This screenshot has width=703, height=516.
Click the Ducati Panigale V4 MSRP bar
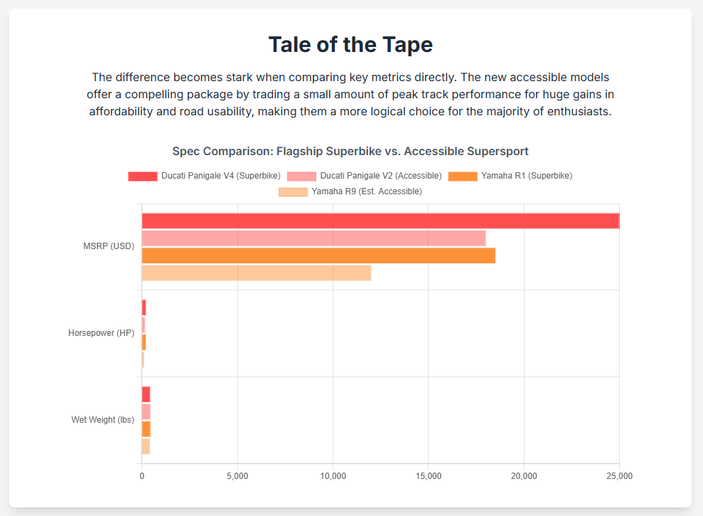tap(380, 221)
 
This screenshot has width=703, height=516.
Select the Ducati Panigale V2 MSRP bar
tap(313, 238)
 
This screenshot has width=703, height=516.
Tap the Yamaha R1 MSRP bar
tap(318, 256)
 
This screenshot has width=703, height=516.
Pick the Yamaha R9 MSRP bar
tap(256, 273)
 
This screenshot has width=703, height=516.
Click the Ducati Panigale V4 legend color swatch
tap(142, 176)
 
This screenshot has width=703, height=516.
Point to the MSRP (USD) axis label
tap(109, 247)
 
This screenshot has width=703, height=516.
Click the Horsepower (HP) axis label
tap(101, 333)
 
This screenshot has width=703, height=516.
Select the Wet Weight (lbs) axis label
tap(102, 420)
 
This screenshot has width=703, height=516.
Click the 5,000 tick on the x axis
tap(237, 475)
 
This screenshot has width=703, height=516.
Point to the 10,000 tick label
tap(333, 475)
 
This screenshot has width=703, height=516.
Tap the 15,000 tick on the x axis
tap(428, 475)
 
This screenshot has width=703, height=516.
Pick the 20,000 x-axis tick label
tap(524, 475)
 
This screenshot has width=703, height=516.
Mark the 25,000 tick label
tap(618, 475)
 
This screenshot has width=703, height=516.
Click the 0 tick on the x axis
tap(141, 475)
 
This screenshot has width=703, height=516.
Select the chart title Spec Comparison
tap(350, 152)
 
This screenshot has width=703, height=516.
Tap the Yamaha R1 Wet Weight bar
tap(146, 429)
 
